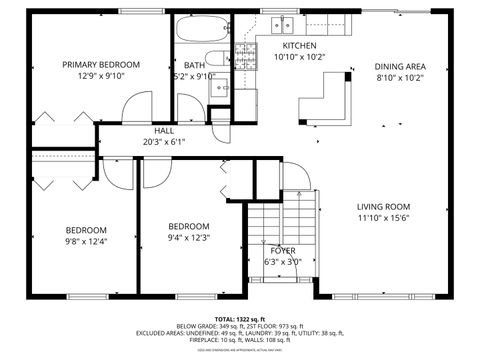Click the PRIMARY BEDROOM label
point(101,65)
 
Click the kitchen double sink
point(283,25)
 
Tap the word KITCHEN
point(299,47)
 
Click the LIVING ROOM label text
point(385,206)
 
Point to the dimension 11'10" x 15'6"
point(385,218)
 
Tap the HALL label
point(164,130)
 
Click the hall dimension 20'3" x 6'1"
point(164,141)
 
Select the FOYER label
point(283,250)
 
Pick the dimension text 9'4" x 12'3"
point(189,237)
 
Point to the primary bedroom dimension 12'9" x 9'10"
point(101,76)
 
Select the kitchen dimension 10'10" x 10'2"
point(299,58)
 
